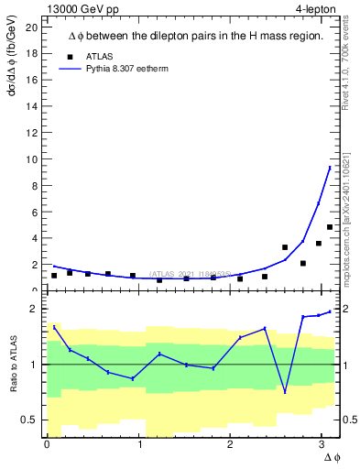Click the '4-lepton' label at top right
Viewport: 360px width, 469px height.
(x=316, y=8)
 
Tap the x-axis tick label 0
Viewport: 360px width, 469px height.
(x=47, y=444)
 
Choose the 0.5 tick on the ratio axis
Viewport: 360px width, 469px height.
(x=29, y=420)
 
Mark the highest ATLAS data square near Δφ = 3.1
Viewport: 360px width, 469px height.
(x=330, y=227)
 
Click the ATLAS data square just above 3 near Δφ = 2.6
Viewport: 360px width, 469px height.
(x=285, y=247)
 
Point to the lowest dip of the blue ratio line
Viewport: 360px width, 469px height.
(x=285, y=392)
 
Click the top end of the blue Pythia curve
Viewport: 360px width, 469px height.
(x=330, y=168)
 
